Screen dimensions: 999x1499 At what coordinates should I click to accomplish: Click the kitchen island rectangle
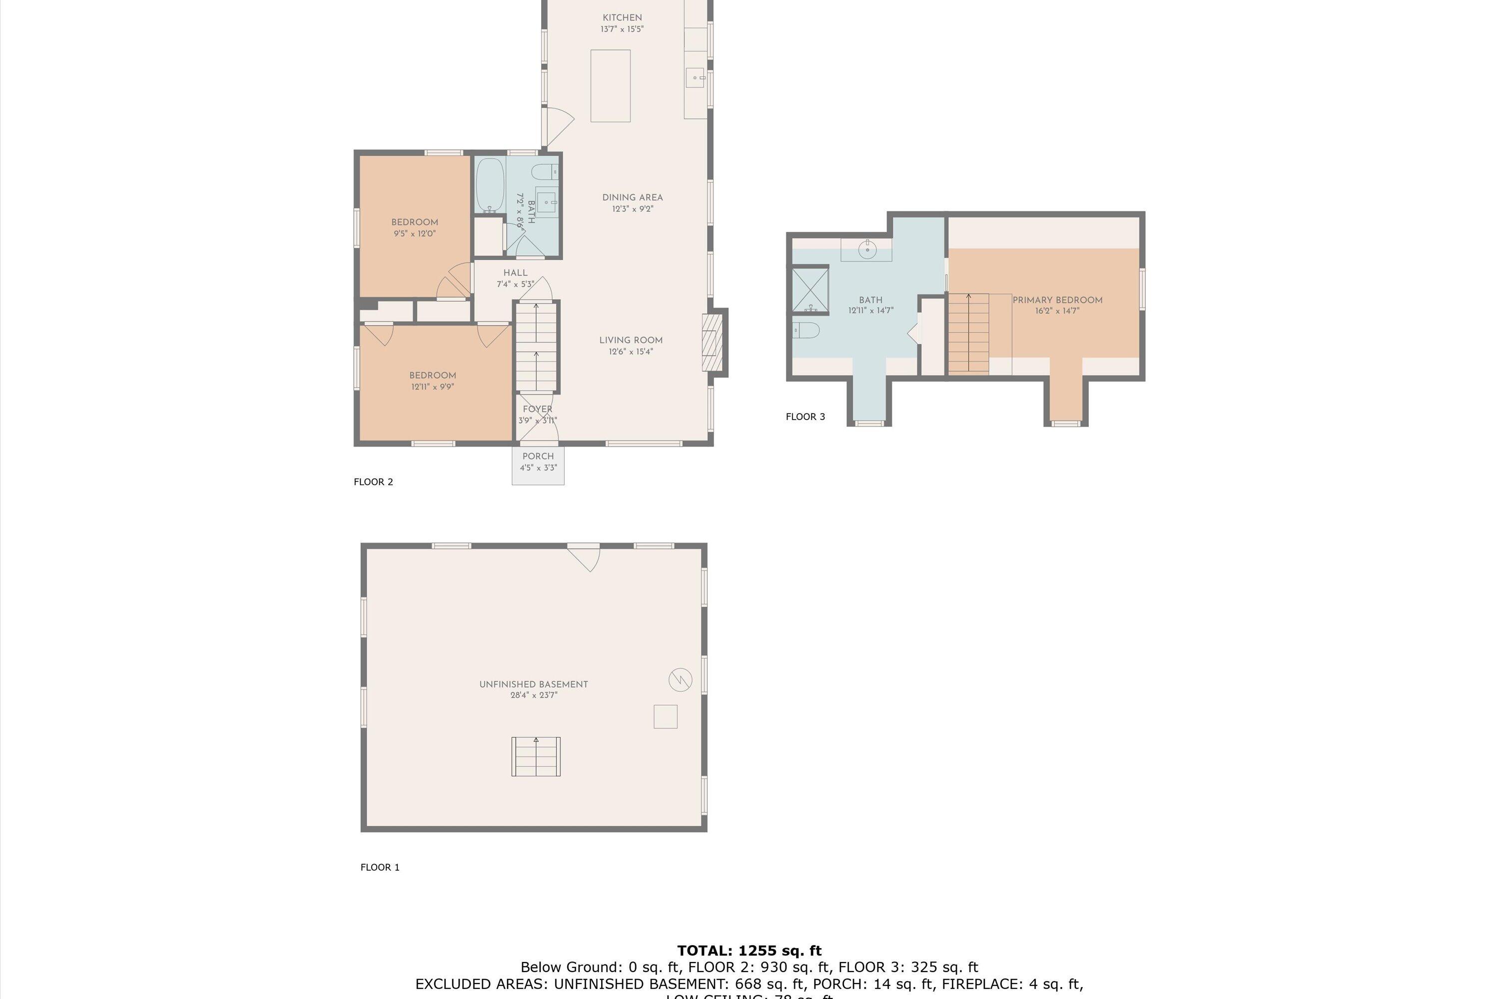pos(610,85)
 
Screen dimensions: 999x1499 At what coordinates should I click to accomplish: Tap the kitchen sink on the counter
pos(695,78)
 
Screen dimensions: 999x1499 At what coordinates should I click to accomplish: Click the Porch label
pos(538,456)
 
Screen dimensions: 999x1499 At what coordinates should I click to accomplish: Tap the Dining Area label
pos(632,197)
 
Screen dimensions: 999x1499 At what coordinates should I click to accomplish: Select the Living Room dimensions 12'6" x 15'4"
pos(630,352)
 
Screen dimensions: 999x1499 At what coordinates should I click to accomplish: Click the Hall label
pos(515,273)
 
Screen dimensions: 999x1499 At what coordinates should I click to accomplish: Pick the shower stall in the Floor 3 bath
pos(810,291)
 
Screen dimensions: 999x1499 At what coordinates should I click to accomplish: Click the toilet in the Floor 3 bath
pos(805,330)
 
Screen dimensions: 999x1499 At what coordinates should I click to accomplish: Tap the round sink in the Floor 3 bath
pos(867,249)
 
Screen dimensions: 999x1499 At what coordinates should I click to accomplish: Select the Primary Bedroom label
pos(1057,300)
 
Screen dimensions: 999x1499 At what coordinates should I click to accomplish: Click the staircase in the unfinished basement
pos(535,756)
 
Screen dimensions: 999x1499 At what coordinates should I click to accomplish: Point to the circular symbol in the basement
pos(680,679)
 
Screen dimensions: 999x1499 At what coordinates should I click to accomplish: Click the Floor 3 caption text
pos(805,417)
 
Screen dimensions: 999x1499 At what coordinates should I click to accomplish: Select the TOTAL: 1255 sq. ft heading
pos(749,951)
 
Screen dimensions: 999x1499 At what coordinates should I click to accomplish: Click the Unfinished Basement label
pos(534,684)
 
